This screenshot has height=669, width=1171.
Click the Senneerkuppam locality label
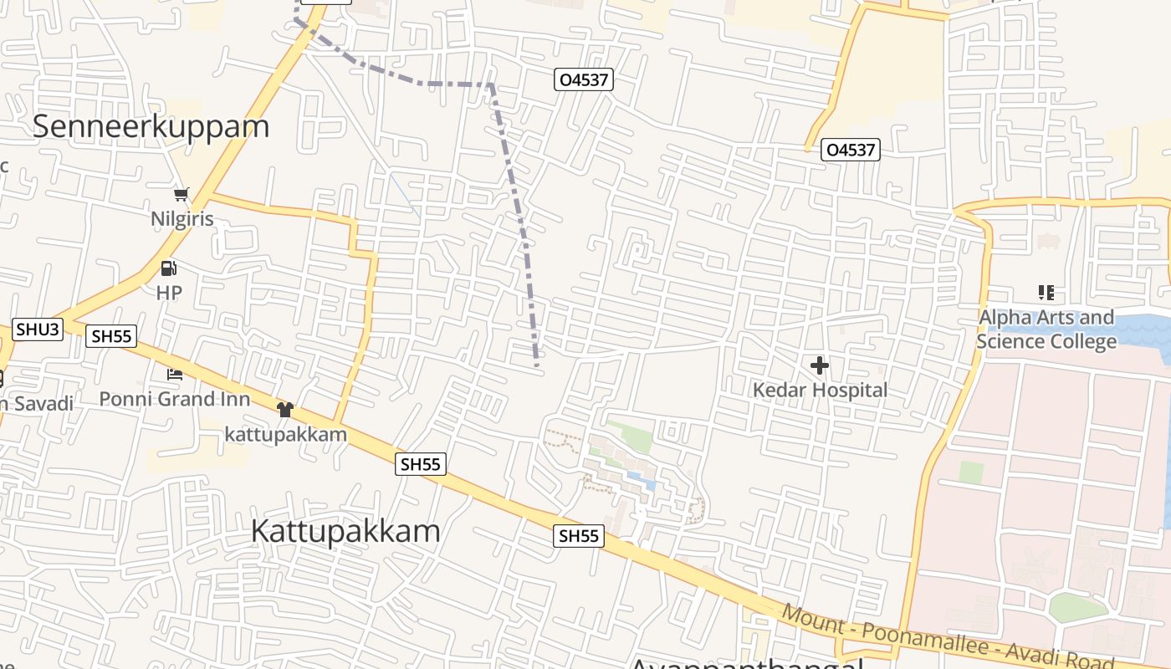click(x=151, y=126)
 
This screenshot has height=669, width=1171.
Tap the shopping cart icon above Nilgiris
click(x=181, y=195)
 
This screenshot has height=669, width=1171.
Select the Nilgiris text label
click(x=182, y=219)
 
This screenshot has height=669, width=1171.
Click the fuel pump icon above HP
click(x=169, y=268)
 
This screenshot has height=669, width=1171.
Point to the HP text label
click(x=169, y=293)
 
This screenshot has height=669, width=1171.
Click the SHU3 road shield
click(x=38, y=329)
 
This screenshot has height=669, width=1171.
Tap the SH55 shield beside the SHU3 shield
click(x=112, y=336)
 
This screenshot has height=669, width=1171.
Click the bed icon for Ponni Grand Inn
click(x=175, y=375)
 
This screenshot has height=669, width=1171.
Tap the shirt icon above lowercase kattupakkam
click(x=285, y=409)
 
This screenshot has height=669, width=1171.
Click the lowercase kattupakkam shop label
click(x=285, y=434)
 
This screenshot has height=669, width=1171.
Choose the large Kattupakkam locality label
click(x=345, y=532)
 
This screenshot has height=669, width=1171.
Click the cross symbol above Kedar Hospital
click(x=820, y=365)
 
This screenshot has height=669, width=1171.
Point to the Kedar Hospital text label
click(x=820, y=390)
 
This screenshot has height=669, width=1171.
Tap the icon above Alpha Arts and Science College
click(x=1046, y=293)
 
